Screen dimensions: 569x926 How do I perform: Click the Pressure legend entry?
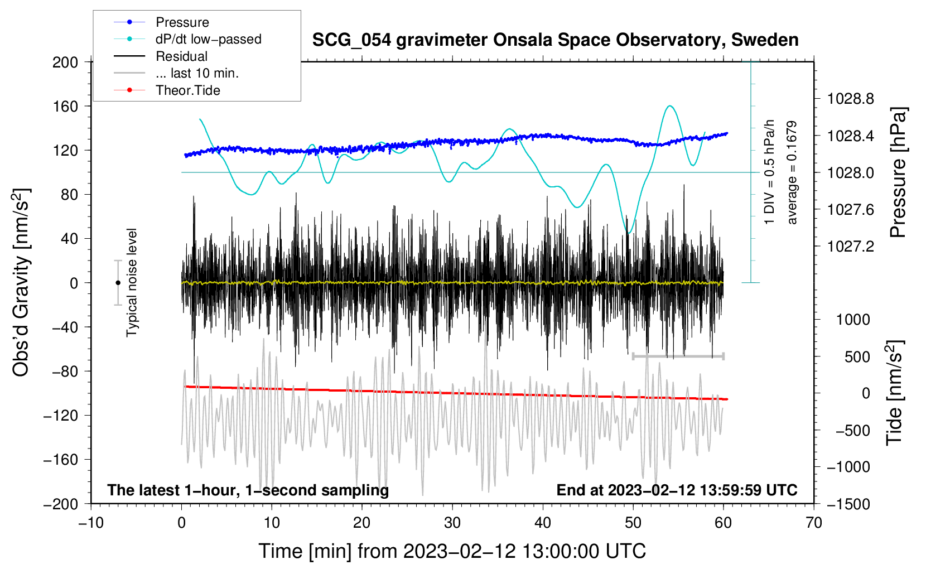tap(182, 22)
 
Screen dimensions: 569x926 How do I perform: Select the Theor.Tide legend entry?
tap(187, 90)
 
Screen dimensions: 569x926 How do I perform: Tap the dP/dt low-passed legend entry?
tap(208, 39)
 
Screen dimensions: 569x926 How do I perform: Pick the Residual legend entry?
tap(181, 56)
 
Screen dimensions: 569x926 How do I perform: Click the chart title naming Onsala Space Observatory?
tap(555, 40)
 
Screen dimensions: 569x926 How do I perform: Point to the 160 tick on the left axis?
tap(65, 106)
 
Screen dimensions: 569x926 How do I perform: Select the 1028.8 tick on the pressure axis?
tap(851, 99)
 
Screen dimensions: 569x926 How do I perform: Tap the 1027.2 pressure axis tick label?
tap(851, 246)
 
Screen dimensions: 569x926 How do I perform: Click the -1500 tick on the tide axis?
tap(848, 504)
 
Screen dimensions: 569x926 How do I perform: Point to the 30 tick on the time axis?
tap(452, 523)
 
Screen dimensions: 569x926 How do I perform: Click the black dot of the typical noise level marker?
tap(118, 283)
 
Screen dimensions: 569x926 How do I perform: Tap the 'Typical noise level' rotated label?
tap(132, 282)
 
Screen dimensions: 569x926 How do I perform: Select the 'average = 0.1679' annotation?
tap(792, 172)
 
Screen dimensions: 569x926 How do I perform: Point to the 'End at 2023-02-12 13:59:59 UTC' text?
tap(677, 490)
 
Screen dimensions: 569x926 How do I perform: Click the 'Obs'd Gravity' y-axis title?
tap(21, 282)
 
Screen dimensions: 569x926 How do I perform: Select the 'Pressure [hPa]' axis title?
tap(898, 172)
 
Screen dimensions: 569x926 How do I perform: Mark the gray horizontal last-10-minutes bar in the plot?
tap(678, 356)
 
